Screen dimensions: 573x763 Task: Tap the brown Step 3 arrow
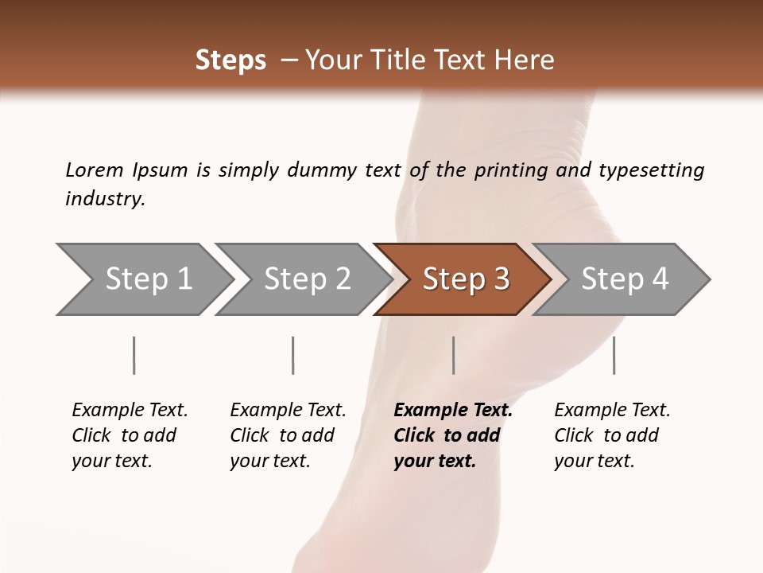pyautogui.click(x=466, y=279)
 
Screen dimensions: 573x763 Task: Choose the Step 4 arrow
pyautogui.click(x=625, y=279)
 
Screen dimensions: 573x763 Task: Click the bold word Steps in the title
pyautogui.click(x=230, y=60)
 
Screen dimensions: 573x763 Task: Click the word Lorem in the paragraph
pyautogui.click(x=95, y=170)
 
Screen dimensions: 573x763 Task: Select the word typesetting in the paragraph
pyautogui.click(x=651, y=170)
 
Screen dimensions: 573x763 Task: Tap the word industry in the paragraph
pyautogui.click(x=105, y=199)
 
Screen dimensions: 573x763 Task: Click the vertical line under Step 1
pyautogui.click(x=134, y=355)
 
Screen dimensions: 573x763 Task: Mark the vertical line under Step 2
pyautogui.click(x=293, y=355)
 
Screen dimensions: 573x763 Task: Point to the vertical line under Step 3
pyautogui.click(x=454, y=355)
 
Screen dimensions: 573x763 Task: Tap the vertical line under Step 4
pyautogui.click(x=614, y=355)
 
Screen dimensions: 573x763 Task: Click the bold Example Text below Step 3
pyautogui.click(x=453, y=410)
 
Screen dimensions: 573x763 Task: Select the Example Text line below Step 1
pyautogui.click(x=130, y=410)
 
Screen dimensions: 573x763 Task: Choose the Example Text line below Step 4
pyautogui.click(x=612, y=410)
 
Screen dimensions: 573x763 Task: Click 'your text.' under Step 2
pyautogui.click(x=270, y=461)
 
